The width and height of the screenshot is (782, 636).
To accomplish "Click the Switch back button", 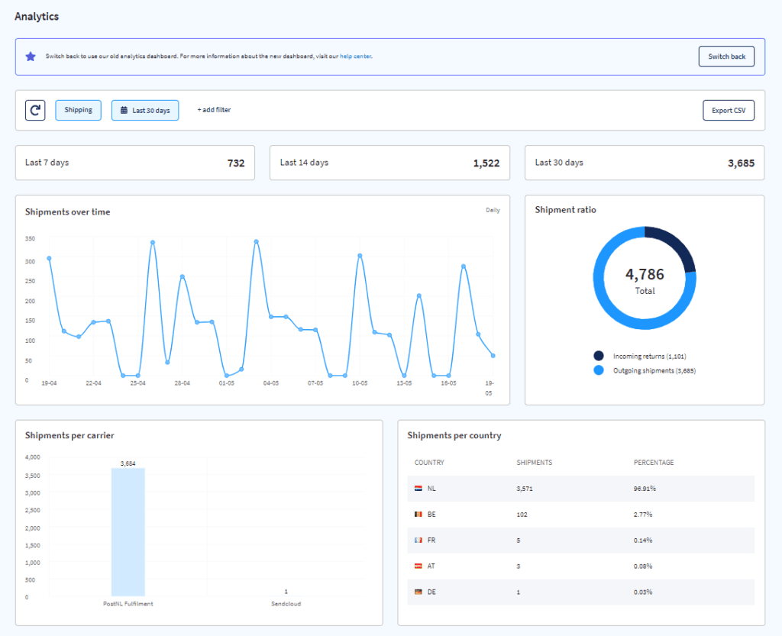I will point(726,56).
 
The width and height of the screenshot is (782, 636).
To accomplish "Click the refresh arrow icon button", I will point(35,110).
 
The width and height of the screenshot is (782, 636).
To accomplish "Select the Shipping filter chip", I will point(78,110).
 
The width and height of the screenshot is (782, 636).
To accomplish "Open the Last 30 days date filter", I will point(145,111).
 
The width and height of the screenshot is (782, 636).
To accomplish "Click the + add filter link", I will point(214,110).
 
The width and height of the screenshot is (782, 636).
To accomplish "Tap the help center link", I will point(356,56).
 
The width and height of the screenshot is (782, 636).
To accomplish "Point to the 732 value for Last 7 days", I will point(235,163).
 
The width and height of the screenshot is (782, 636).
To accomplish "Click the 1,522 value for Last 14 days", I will point(486,163).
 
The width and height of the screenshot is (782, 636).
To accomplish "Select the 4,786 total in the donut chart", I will point(645,275).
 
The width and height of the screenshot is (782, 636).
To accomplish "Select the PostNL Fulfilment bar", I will point(128,531).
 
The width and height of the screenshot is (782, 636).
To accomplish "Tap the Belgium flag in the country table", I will point(418,515).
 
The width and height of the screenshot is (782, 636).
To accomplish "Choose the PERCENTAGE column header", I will point(653,463).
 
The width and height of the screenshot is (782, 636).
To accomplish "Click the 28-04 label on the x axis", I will point(182,383).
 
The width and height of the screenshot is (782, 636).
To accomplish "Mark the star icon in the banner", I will point(31,56).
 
